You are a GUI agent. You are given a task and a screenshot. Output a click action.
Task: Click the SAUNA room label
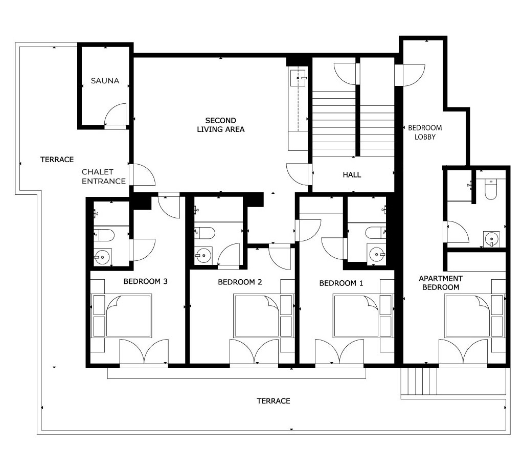click(x=105, y=81)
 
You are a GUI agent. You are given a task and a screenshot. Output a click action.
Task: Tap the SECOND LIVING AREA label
click(x=220, y=125)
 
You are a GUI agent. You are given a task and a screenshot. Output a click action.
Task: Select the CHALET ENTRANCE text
click(x=104, y=176)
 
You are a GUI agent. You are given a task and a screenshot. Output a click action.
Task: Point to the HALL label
click(x=352, y=175)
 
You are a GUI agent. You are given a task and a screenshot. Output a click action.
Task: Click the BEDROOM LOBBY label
click(x=425, y=132)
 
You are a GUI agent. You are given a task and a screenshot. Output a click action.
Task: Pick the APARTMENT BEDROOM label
click(x=441, y=283)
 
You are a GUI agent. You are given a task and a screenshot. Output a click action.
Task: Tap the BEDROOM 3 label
click(x=145, y=281)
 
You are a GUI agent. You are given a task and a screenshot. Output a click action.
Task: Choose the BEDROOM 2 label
click(x=240, y=282)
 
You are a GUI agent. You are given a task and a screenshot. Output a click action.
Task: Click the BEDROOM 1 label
click(x=341, y=283)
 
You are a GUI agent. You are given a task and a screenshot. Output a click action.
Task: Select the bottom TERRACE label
click(x=274, y=401)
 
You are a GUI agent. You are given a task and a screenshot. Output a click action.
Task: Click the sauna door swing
click(x=116, y=115)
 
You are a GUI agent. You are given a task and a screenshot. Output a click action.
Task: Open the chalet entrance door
click(x=143, y=175)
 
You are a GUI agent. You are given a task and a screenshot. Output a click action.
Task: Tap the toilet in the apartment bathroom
click(x=491, y=189)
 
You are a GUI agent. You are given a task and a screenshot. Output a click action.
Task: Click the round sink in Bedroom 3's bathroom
click(x=102, y=257)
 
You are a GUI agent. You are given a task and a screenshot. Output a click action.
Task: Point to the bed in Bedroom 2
click(x=256, y=316)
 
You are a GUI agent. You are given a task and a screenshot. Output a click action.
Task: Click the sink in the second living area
click(x=298, y=78)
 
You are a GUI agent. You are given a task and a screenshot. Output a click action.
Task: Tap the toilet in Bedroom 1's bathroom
click(x=376, y=233)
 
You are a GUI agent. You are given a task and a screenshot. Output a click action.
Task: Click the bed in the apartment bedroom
click(x=467, y=316)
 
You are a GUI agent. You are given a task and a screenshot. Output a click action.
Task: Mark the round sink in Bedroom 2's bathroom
click(x=203, y=256)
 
